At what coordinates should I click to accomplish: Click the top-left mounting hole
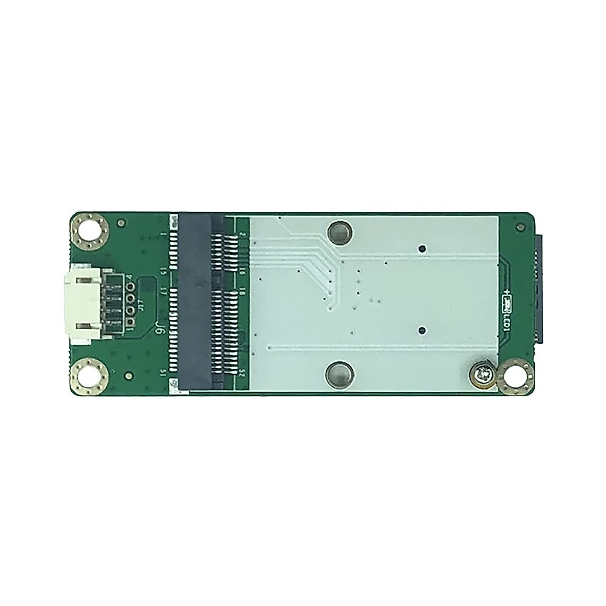click(x=89, y=231)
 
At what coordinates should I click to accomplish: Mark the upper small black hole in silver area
click(x=423, y=248)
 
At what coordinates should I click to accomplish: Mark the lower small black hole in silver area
click(x=423, y=331)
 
